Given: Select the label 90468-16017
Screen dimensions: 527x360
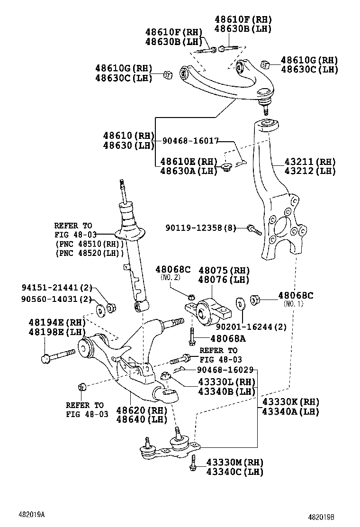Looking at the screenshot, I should point(190,141).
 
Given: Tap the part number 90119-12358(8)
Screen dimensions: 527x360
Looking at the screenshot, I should point(200,228).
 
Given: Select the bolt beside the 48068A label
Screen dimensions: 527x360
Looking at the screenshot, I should point(192,337).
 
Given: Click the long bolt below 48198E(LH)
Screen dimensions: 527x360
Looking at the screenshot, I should point(57,355).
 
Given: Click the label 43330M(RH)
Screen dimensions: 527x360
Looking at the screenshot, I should point(234,462).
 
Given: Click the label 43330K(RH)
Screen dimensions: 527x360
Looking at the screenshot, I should point(290,402).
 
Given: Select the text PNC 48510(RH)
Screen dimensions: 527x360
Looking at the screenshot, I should point(89,244).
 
